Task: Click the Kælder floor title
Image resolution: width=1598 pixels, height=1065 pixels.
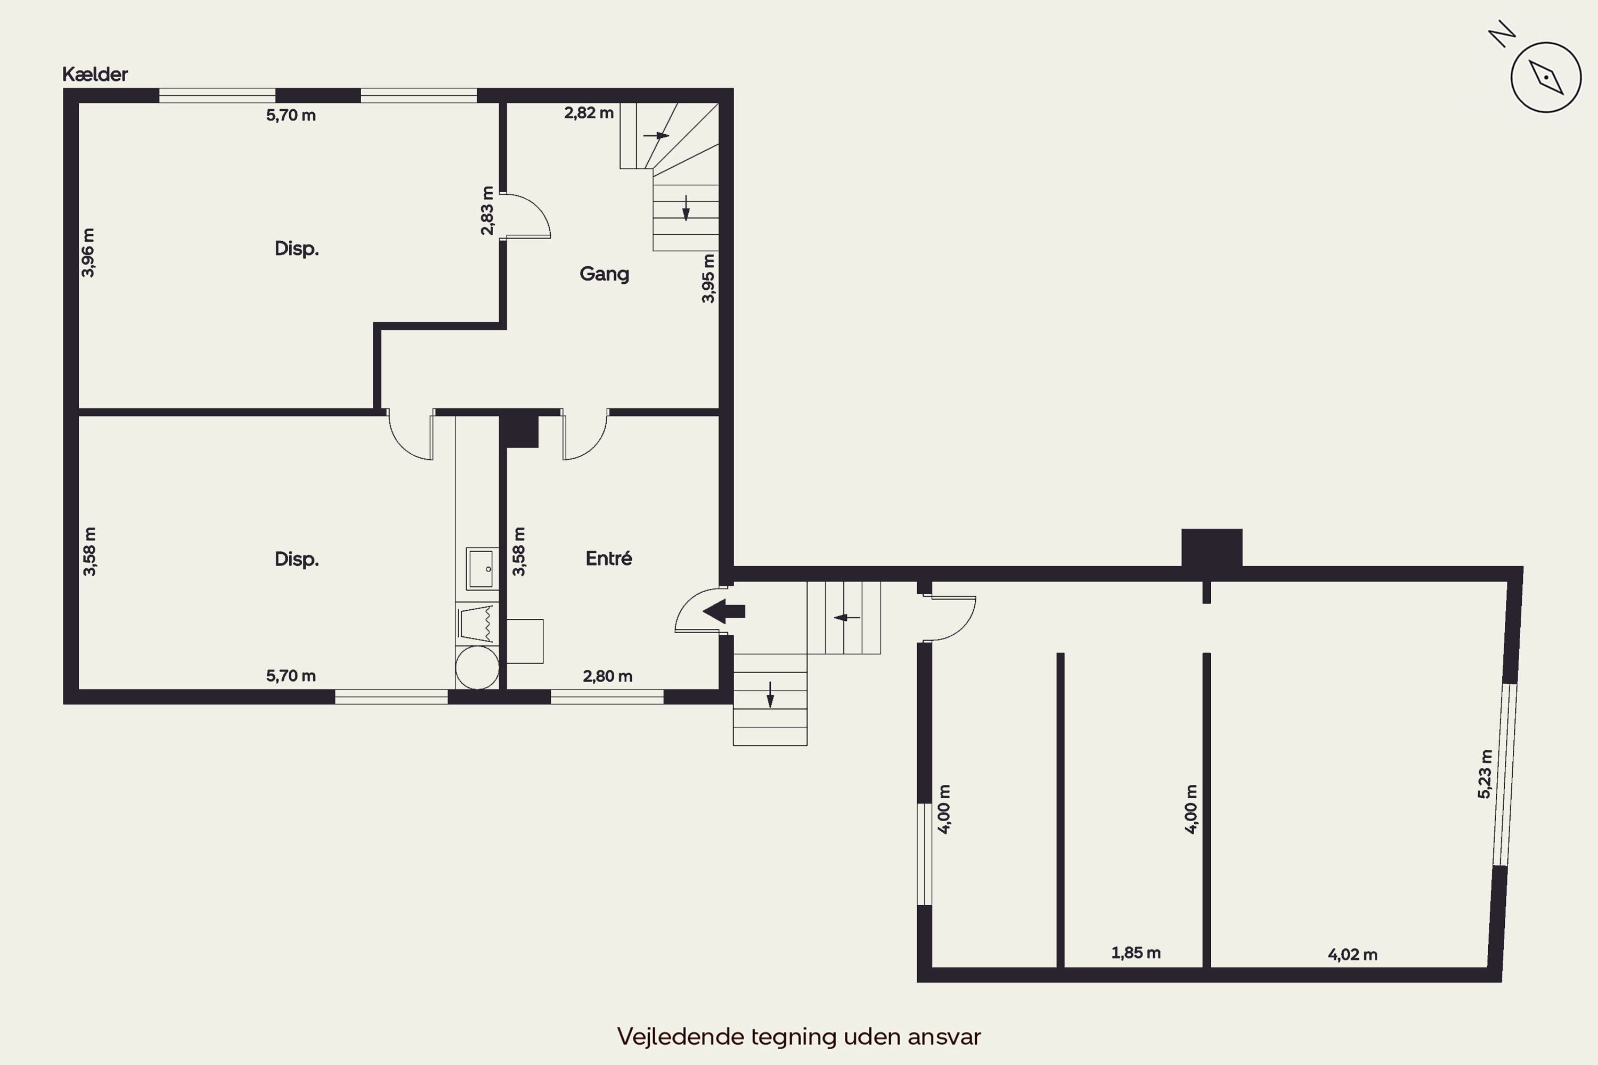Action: pos(95,74)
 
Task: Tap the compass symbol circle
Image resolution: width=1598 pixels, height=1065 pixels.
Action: pos(1546,77)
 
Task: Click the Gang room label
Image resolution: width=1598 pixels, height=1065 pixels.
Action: pos(604,274)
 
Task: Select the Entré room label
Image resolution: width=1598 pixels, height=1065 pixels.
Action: pos(609,558)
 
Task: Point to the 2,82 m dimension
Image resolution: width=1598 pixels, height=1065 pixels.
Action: pos(589,113)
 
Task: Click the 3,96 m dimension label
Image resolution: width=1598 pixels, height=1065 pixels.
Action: pos(88,252)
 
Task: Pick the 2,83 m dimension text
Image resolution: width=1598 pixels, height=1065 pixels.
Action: pos(487,210)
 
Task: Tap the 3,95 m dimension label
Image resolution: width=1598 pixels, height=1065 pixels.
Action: pos(708,278)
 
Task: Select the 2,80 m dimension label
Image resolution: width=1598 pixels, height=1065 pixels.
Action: pos(607,676)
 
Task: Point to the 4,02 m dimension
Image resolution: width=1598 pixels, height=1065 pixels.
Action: pos(1353,954)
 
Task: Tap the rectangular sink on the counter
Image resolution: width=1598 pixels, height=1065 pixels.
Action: pos(480,569)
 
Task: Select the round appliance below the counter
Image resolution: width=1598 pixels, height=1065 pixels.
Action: pos(477,668)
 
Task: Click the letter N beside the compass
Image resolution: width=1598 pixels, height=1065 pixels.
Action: pos(1502,34)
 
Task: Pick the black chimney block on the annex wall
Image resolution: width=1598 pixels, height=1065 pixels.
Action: pos(1212,547)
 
